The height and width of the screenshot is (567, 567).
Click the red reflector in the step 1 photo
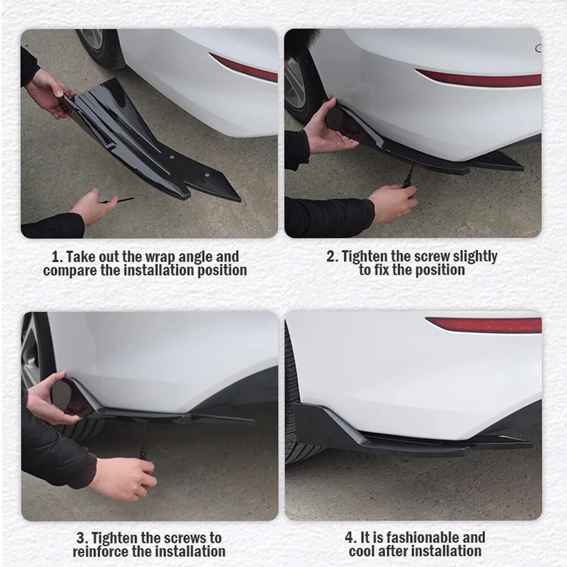(244, 68)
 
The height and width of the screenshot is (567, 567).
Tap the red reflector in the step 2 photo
(478, 79)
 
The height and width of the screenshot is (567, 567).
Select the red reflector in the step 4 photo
(483, 325)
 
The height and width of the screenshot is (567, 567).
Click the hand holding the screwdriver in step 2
(392, 203)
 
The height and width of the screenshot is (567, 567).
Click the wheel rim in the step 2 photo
(295, 83)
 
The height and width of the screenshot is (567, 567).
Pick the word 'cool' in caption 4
(363, 552)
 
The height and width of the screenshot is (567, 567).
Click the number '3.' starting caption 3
(82, 538)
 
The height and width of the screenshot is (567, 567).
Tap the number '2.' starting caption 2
(333, 256)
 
